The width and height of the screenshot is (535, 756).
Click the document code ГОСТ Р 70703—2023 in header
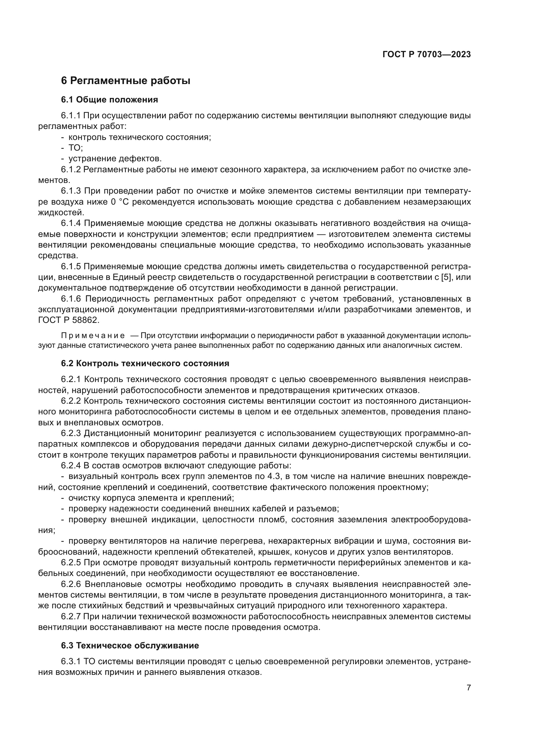coord(427,55)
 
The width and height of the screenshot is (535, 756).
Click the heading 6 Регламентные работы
coord(126,81)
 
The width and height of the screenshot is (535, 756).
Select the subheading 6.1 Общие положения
coord(109,100)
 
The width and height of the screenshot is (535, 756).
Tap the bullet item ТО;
coord(75,148)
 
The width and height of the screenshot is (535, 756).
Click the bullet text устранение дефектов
coord(115,159)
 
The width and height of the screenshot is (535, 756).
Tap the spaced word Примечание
coord(93,335)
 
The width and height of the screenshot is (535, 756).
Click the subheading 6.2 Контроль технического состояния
coord(145,364)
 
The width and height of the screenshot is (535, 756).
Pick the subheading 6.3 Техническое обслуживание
coord(130,646)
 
